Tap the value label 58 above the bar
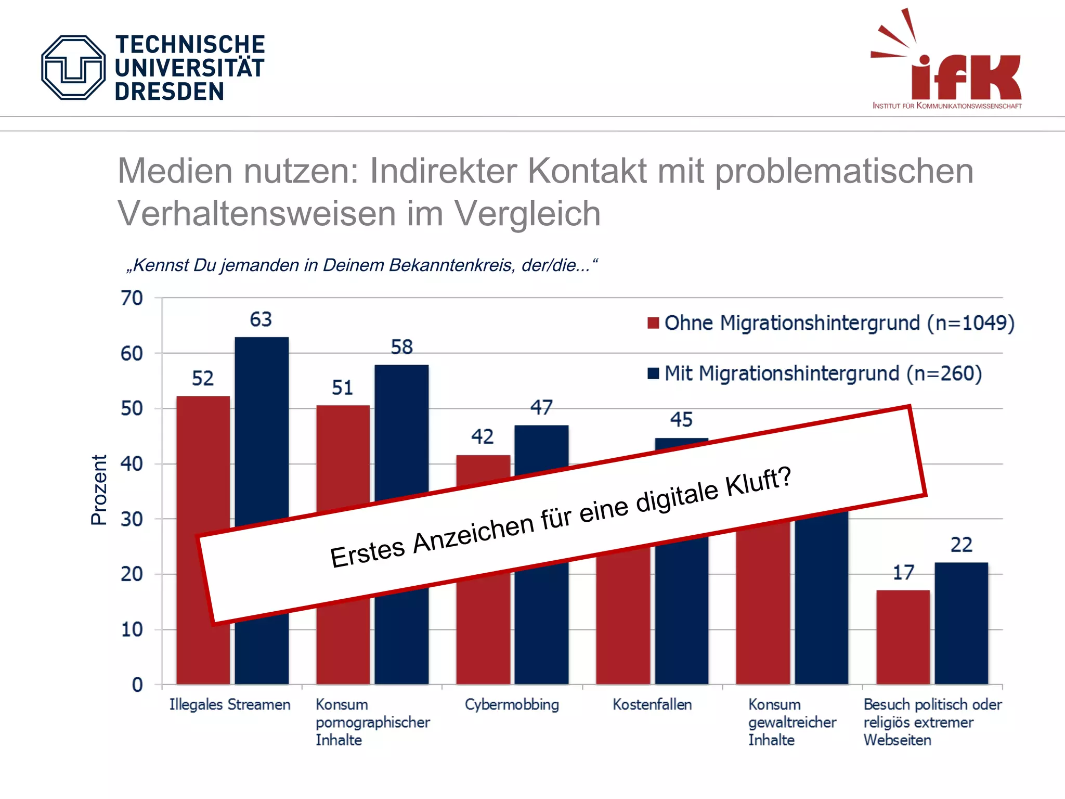(x=401, y=347)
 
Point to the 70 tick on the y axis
(x=132, y=299)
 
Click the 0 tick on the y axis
(x=137, y=685)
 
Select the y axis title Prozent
(x=99, y=490)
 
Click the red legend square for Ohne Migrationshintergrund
(x=653, y=323)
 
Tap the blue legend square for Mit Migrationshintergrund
(x=653, y=373)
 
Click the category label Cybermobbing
(x=512, y=705)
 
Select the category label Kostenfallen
(x=652, y=705)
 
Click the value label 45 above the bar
(x=681, y=420)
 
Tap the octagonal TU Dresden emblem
(x=73, y=68)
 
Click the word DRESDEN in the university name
(x=169, y=92)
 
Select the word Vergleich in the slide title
(x=527, y=214)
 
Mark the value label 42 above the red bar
(x=482, y=437)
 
